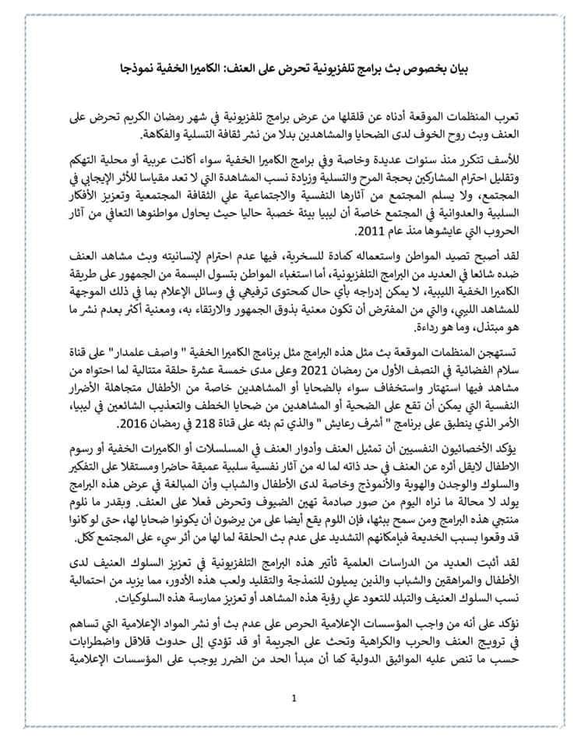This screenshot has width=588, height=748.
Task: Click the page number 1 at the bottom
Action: point(293,699)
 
